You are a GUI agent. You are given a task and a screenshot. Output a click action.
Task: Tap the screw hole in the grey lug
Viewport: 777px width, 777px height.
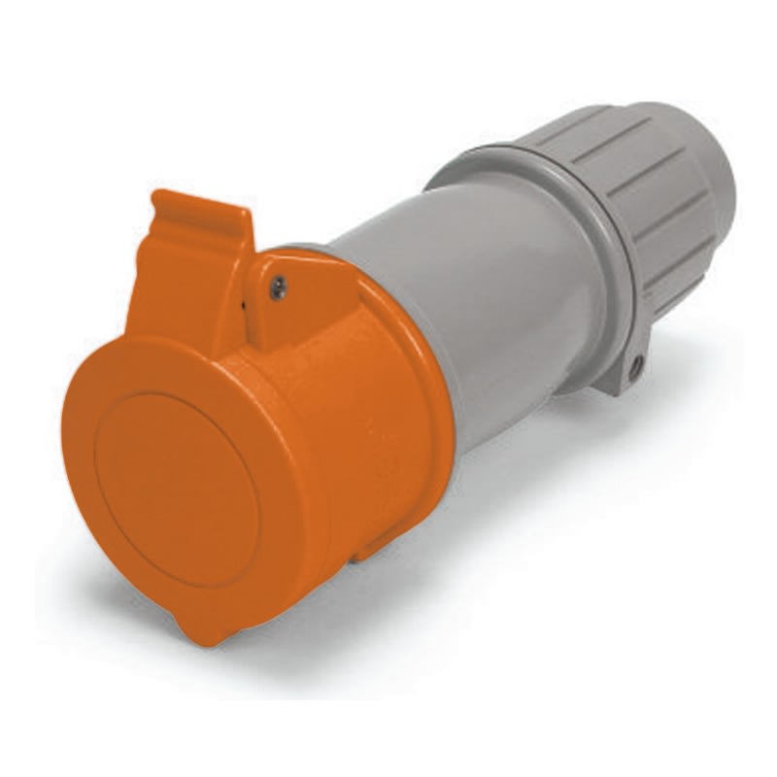point(635,367)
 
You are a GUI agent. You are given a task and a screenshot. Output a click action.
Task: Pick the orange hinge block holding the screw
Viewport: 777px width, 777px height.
point(291,301)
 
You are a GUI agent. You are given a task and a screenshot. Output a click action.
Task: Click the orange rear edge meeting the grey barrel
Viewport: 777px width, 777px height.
point(442,388)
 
